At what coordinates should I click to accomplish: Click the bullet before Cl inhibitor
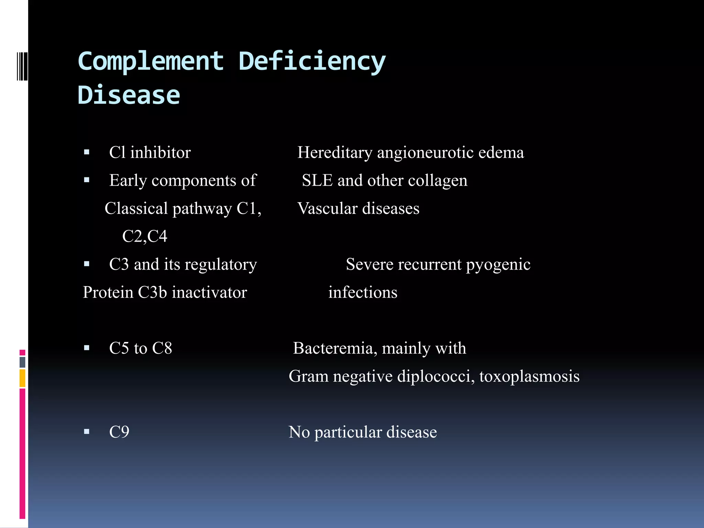click(87, 152)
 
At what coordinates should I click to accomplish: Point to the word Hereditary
click(334, 153)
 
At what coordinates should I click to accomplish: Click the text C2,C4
click(145, 236)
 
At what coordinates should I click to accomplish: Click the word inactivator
click(209, 293)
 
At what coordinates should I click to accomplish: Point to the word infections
click(363, 293)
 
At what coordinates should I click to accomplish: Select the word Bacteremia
click(332, 348)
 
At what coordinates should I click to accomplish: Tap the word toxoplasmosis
click(529, 376)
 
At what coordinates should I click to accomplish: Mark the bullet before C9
click(87, 432)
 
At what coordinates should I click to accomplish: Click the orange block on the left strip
click(22, 378)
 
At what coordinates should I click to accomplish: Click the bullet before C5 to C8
click(87, 348)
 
